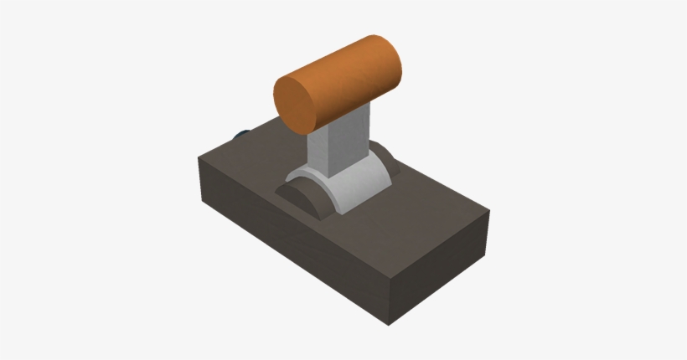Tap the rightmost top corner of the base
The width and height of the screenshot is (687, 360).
click(488, 211)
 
